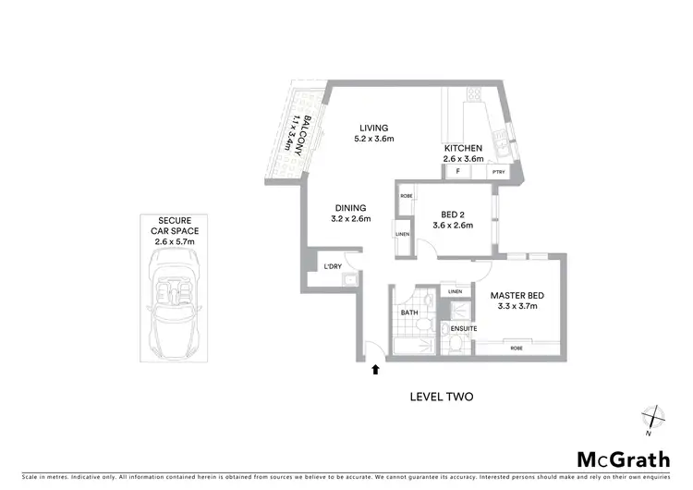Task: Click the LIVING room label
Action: tap(374, 128)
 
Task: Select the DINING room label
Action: tap(351, 208)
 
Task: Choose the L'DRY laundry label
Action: tap(332, 267)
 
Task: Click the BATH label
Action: tap(409, 313)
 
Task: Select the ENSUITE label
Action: tap(463, 328)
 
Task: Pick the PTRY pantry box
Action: tap(498, 171)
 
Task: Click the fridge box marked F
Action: tap(457, 171)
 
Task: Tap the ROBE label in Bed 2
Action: tap(406, 195)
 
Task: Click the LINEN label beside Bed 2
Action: tap(402, 234)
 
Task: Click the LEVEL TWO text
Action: tap(441, 397)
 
